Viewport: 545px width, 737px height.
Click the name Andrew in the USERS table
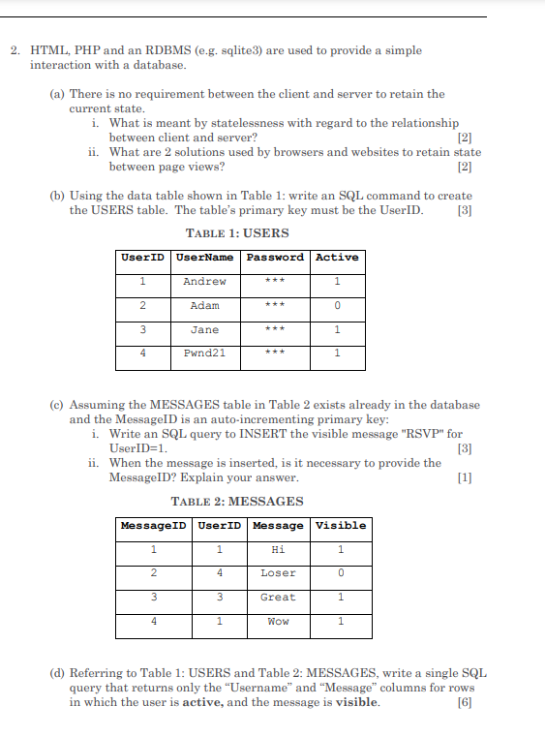(x=204, y=282)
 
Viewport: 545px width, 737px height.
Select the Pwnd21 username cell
(x=204, y=353)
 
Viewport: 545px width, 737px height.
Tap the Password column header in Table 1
(x=275, y=258)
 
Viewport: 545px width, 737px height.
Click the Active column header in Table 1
(x=337, y=258)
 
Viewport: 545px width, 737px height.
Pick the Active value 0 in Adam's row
(x=337, y=306)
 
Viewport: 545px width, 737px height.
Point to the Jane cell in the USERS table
(x=204, y=330)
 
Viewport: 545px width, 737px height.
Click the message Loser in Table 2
(x=278, y=573)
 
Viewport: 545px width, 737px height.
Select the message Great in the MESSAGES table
(x=278, y=598)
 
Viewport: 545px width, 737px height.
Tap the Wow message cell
(x=278, y=622)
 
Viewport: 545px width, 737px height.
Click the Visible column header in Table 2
(x=341, y=526)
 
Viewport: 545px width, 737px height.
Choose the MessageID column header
(x=153, y=526)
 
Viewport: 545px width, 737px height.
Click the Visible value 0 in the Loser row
(x=341, y=573)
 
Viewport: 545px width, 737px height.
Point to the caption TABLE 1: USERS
(x=236, y=233)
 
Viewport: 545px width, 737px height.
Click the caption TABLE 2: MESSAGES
(x=236, y=502)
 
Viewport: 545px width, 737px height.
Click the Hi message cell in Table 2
(x=278, y=550)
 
